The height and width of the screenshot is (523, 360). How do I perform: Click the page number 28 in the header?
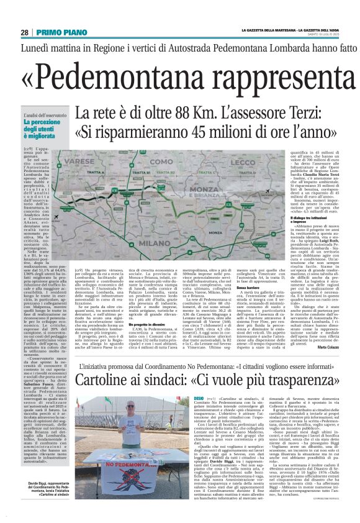pyautogui.click(x=24, y=32)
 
